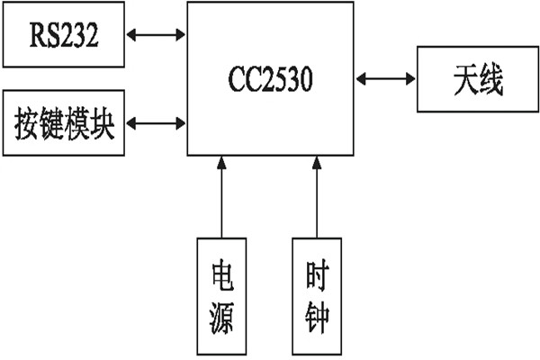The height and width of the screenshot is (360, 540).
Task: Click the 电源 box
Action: [220, 293]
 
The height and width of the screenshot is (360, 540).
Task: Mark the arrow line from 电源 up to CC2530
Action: [220, 198]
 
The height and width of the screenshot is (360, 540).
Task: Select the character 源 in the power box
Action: [220, 317]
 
